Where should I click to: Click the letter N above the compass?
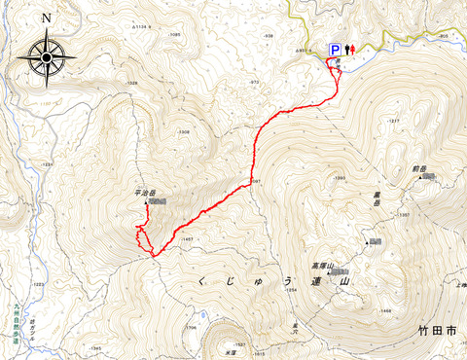(x=46, y=18)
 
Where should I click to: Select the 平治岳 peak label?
(x=143, y=193)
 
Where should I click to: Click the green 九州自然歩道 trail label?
(x=17, y=319)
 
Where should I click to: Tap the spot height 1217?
(x=394, y=121)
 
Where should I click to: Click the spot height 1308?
(x=182, y=132)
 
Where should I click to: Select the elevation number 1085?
(x=175, y=35)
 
